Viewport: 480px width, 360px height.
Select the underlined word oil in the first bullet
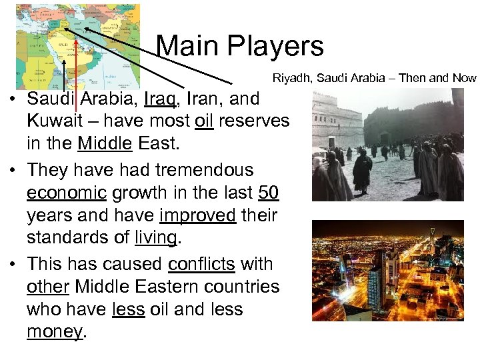pos(204,121)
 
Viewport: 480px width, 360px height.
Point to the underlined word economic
pos(67,193)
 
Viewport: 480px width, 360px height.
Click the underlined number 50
pos(268,193)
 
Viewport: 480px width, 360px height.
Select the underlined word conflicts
pos(201,265)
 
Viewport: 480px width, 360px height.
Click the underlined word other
pos(48,287)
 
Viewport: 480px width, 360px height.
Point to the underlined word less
pos(129,309)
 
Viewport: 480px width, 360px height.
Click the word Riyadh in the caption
pos(292,78)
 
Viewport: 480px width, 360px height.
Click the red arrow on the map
pos(77,67)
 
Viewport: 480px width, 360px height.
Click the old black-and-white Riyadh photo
pos(387,145)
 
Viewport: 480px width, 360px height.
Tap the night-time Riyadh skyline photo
pos(387,271)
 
